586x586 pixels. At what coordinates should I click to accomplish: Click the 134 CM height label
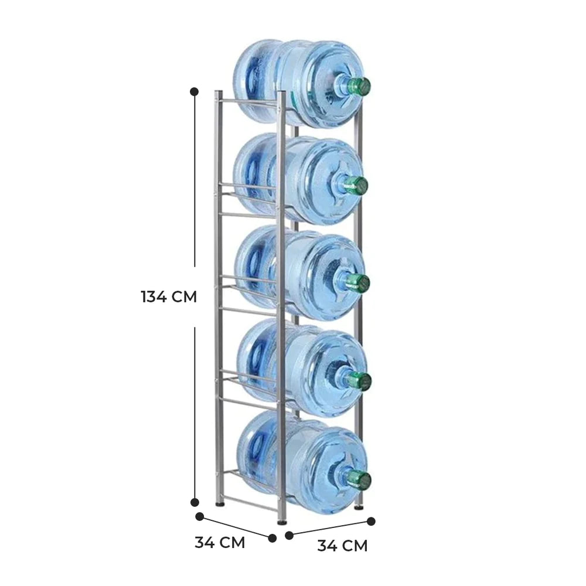pos(168,297)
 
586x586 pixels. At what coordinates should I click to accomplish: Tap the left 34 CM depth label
pos(220,542)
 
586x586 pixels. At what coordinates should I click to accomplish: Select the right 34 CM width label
pos(342,546)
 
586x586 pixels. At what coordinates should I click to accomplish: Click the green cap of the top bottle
pos(359,86)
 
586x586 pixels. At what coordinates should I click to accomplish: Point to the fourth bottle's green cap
pos(358,381)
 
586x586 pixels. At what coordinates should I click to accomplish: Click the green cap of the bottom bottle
pos(359,480)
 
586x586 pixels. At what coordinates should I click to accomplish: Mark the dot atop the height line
pos(195,91)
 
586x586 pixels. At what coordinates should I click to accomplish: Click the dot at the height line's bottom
pos(195,502)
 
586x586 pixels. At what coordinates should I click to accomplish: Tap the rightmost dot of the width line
pos(371,520)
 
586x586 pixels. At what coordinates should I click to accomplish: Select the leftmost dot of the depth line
pos(199,517)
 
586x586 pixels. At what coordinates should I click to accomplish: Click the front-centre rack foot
pos(282,519)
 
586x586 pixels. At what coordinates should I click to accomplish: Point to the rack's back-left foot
pos(220,502)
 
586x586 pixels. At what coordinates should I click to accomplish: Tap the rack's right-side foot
pos(358,505)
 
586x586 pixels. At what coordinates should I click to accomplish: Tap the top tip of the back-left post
pos(218,92)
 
